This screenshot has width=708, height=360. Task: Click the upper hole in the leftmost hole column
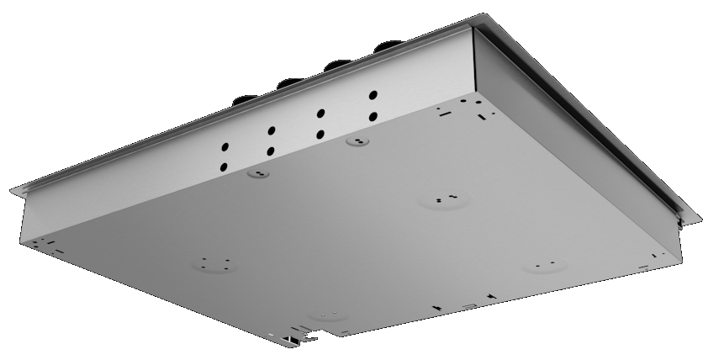pos(225,145)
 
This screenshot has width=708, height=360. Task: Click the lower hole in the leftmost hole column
pos(225,166)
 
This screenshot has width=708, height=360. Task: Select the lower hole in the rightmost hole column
pos(372,116)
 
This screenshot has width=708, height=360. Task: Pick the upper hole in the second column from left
pos(272,130)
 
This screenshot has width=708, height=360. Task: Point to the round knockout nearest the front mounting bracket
pos(325,315)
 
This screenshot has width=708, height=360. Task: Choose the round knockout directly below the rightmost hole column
pos(357,142)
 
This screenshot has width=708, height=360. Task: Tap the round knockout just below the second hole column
pos(258,174)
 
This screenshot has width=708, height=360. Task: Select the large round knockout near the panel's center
pos(442,200)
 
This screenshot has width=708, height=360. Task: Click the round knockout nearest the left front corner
pos(214,263)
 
